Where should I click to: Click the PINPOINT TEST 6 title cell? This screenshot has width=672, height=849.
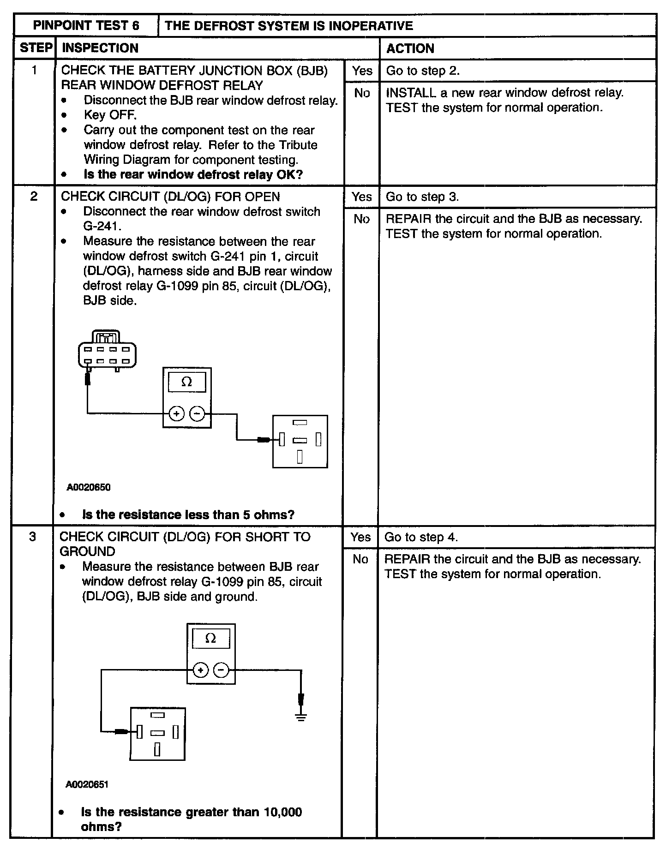pos(86,25)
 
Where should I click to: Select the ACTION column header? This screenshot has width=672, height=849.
pos(410,48)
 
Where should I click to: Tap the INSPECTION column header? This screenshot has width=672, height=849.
pos(100,48)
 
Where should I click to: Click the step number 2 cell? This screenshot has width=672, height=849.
pos(34,197)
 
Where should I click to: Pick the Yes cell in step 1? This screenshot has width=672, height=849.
pos(362,71)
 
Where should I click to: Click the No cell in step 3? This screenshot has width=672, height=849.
pos(360,559)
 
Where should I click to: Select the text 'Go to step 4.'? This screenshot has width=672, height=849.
pos(421,537)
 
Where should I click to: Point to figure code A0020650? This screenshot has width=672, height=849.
pos(89,487)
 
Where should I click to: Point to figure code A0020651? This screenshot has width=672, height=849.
pos(87,784)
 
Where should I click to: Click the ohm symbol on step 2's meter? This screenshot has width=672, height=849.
pos(187,382)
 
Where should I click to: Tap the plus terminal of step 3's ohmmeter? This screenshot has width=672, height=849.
pos(200,670)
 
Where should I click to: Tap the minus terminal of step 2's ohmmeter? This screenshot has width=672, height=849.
pos(198,414)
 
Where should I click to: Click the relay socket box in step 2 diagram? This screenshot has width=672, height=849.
pos(300,442)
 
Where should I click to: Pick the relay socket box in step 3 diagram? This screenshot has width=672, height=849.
pos(157,733)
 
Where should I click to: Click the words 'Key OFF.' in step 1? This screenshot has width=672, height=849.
pos(110,115)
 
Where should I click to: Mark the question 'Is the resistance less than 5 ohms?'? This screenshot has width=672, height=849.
pos(188,514)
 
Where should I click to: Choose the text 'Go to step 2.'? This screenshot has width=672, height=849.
pos(423,71)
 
